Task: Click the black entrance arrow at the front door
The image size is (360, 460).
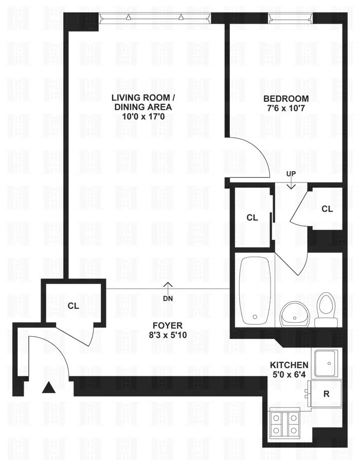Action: (x=48, y=388)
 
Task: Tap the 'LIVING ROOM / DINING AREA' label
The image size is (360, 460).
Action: (x=143, y=102)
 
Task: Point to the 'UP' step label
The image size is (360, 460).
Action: (x=291, y=174)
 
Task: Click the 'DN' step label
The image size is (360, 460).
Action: (x=167, y=298)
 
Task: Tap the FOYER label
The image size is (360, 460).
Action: (x=167, y=325)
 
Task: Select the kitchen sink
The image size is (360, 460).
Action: (x=326, y=363)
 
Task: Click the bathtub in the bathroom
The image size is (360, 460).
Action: (x=255, y=290)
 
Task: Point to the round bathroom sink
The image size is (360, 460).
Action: (x=294, y=313)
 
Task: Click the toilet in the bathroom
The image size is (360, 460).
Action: (x=326, y=308)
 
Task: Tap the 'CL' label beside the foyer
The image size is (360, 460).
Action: (x=73, y=306)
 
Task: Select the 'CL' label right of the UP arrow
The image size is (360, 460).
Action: (x=327, y=209)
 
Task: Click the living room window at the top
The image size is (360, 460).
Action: (x=155, y=17)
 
